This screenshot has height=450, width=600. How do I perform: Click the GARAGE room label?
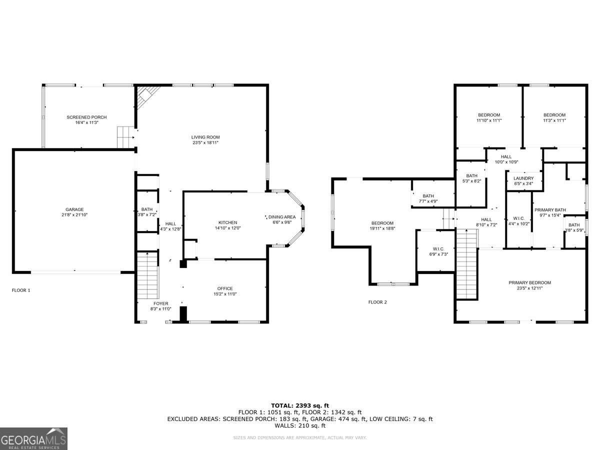[74, 209]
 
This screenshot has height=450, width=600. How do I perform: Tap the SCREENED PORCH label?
[86, 117]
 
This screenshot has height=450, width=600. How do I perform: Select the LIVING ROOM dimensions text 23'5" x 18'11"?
[205, 142]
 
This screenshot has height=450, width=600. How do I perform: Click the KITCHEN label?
[227, 222]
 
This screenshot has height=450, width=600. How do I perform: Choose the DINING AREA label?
[282, 217]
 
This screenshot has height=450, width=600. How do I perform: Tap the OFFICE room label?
[225, 288]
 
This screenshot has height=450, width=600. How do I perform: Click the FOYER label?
[161, 303]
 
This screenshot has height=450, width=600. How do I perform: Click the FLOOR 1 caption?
[21, 290]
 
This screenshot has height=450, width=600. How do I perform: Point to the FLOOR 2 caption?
[377, 302]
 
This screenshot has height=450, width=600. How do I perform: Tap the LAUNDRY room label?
[523, 178]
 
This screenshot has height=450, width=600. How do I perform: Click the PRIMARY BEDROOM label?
[529, 282]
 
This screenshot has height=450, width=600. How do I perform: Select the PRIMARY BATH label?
[549, 210]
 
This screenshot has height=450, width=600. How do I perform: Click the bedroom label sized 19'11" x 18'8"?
[382, 223]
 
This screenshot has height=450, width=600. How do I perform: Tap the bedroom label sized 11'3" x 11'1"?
[554, 115]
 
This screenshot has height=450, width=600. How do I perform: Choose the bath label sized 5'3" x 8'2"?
[471, 176]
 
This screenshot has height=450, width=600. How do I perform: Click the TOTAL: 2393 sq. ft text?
[300, 405]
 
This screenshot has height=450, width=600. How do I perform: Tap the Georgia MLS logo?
[34, 438]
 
